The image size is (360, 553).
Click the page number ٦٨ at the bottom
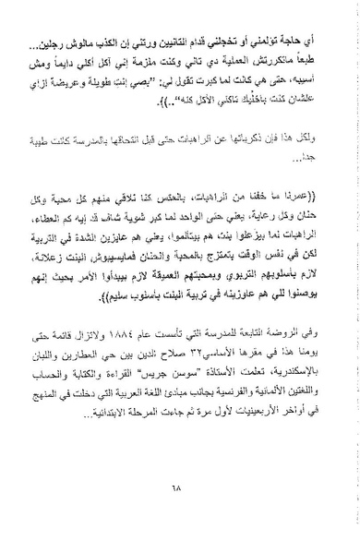pyautogui.click(x=182, y=488)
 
